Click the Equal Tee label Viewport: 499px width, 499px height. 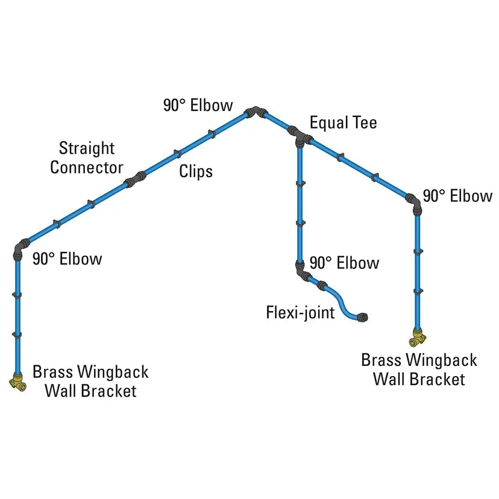[343, 123]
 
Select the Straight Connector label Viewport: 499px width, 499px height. [87, 158]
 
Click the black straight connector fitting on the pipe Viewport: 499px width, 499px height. [135, 178]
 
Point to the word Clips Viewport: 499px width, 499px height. [196, 172]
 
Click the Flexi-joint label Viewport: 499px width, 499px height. [300, 313]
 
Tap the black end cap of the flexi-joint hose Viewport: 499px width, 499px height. [362, 316]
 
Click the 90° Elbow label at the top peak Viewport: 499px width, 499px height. [198, 105]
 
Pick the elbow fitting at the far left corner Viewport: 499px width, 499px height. [20, 246]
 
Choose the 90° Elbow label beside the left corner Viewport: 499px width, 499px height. [67, 259]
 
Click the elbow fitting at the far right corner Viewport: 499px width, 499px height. [415, 202]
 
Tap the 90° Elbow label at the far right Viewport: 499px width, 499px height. [457, 196]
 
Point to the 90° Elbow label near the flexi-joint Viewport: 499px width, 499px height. [344, 263]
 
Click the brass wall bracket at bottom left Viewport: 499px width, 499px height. [17, 381]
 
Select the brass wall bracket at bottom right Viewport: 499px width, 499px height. [416, 339]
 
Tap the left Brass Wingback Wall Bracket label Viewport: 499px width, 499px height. [90, 381]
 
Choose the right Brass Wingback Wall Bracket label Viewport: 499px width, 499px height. [419, 369]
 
